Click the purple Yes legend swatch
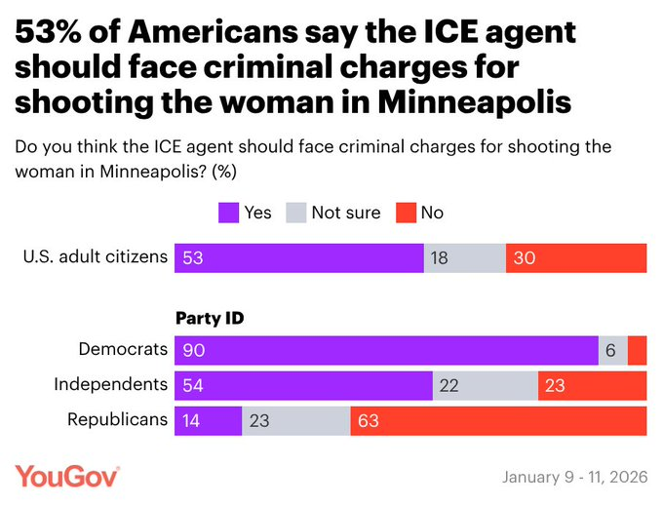230,212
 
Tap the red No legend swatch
407,212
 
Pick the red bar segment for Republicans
498,420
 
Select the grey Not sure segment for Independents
485,385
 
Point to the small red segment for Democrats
637,350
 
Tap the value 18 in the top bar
440,258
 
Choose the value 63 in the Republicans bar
369,420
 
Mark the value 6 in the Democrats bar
610,350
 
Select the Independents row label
110,384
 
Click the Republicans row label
117,420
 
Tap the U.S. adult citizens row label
95,257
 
